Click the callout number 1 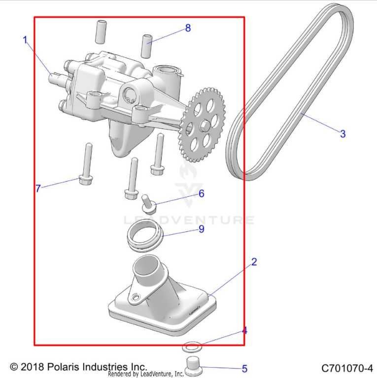tap(25, 40)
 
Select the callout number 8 tap(188, 28)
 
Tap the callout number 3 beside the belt tap(343, 134)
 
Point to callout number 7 tap(38, 189)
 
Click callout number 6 tap(201, 193)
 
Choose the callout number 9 tap(201, 228)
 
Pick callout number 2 tap(254, 262)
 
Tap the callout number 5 tap(244, 369)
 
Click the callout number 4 tap(244, 331)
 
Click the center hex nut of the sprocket tap(205, 125)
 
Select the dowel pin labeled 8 tap(146, 47)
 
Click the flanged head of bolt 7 tap(86, 180)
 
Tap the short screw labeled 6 tap(148, 204)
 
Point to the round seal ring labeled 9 tap(145, 235)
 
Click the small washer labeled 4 tap(192, 347)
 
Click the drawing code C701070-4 tap(347, 368)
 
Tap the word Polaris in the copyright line tap(63, 367)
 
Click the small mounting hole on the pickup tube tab tap(136, 296)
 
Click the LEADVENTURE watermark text tap(189, 220)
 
